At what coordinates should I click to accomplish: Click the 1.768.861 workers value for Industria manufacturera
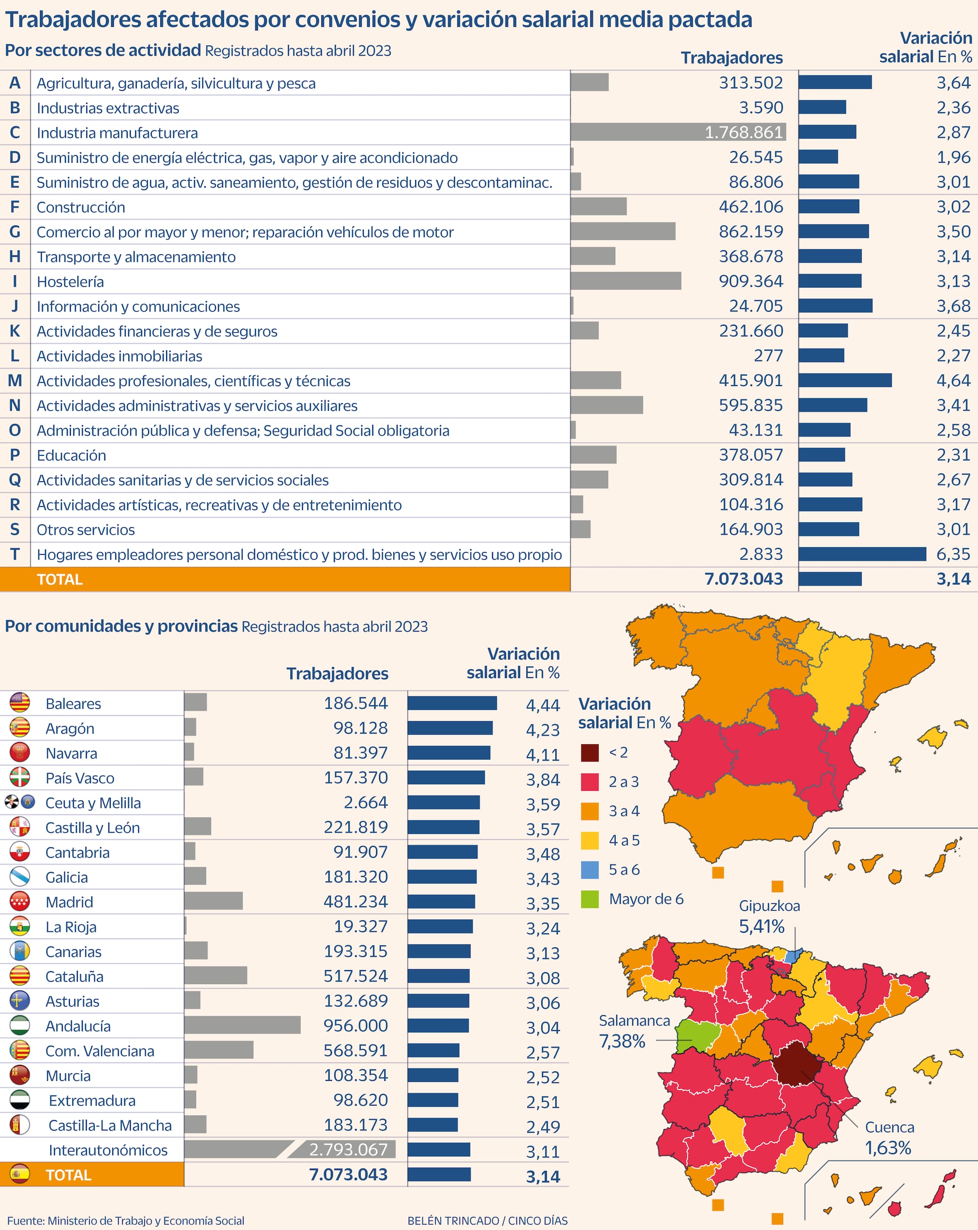point(743,132)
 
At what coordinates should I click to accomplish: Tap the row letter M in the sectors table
point(15,381)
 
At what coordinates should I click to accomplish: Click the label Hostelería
point(70,282)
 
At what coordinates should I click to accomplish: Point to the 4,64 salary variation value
point(953,381)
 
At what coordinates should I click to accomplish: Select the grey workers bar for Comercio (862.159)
point(623,231)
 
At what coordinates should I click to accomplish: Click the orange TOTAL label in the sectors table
point(59,580)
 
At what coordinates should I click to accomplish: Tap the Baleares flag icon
point(20,703)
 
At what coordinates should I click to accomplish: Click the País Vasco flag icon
point(20,777)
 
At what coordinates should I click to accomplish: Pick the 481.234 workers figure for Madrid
point(355,901)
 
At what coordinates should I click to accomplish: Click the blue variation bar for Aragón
point(450,728)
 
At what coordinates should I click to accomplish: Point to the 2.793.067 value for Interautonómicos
point(348,1149)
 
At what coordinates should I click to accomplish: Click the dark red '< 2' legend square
point(589,753)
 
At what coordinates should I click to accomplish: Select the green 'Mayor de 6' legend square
point(589,900)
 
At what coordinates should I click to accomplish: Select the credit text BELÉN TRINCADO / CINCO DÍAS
point(488,1221)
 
